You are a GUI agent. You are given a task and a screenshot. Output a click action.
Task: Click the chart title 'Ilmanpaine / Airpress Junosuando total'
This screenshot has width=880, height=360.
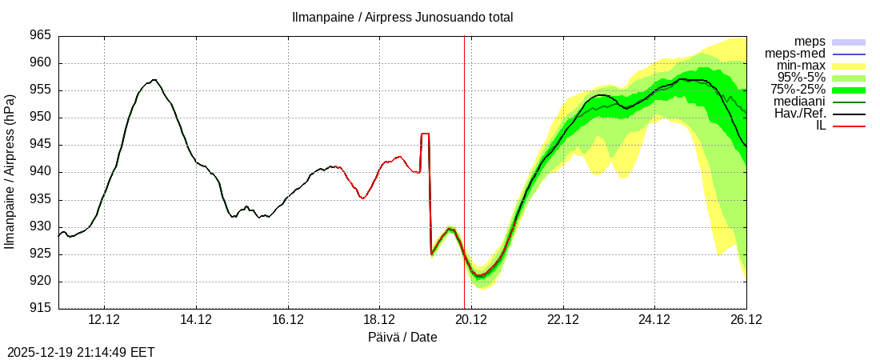(x=402, y=17)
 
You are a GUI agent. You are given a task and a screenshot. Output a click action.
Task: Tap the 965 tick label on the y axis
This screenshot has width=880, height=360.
(x=41, y=36)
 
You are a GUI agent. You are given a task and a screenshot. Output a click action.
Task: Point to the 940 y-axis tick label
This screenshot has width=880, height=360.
(x=41, y=172)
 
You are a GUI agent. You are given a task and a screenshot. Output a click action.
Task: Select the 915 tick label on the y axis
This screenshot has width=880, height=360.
(x=41, y=308)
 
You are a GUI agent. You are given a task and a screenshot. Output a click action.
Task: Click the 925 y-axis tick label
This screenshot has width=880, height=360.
(x=41, y=254)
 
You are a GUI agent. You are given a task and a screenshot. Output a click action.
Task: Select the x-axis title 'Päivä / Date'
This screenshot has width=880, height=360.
(x=402, y=338)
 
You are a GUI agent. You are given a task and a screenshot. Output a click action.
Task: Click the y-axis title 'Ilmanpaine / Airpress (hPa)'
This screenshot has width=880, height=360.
(x=10, y=172)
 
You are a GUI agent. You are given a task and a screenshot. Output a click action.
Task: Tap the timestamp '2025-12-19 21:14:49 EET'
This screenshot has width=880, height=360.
(x=81, y=352)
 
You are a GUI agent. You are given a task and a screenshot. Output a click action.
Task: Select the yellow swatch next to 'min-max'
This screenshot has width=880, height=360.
(x=849, y=66)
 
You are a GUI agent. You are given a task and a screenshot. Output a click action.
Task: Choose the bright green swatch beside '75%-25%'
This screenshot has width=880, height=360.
(x=849, y=90)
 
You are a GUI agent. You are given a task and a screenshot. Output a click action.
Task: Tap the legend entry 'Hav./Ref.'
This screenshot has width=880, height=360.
(x=800, y=114)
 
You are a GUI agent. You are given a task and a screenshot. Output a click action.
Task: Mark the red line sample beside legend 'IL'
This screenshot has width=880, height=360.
(x=849, y=126)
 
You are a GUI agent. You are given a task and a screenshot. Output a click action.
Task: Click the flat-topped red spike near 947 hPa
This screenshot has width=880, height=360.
(x=425, y=134)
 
